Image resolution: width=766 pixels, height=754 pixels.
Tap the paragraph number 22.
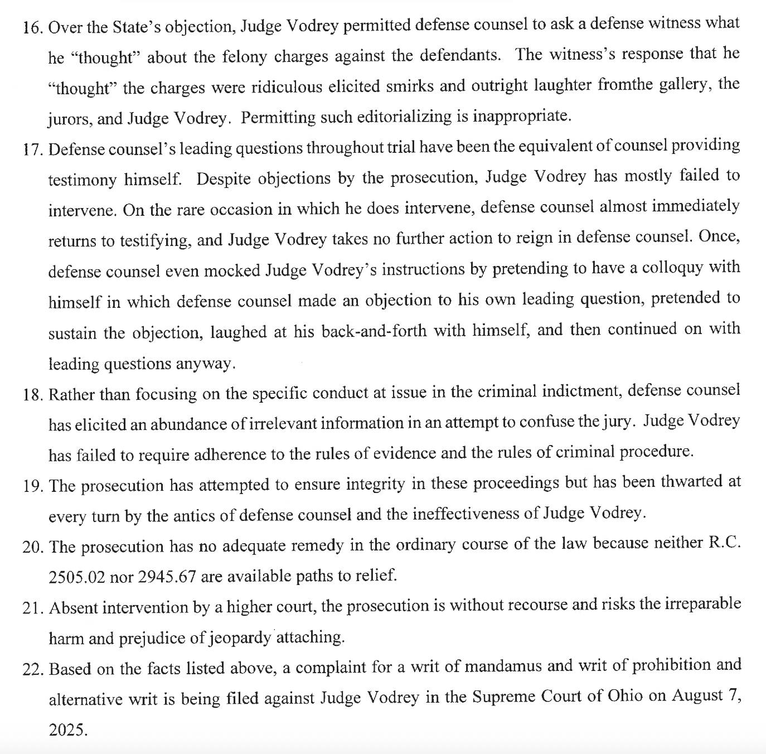click(33, 668)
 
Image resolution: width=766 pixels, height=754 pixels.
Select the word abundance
click(188, 424)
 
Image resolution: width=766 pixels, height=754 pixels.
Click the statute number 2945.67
click(167, 576)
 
